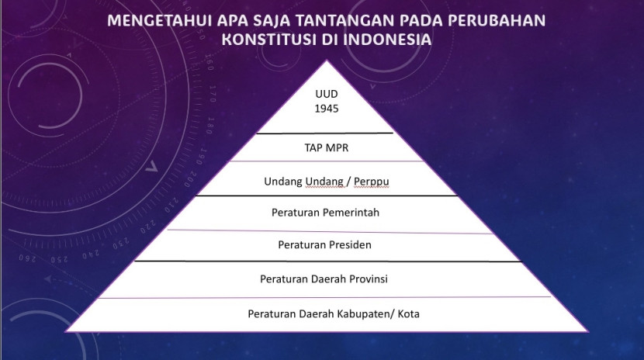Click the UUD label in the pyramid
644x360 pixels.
pos(327,94)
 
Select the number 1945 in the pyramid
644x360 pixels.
pos(327,109)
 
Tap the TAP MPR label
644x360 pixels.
pos(327,147)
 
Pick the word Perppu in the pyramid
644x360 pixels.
pos(372,182)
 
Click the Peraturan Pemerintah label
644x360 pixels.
pos(325,213)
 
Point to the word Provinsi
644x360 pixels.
pos(369,279)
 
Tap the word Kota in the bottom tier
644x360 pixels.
pos(409,314)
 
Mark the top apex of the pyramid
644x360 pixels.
pos(327,61)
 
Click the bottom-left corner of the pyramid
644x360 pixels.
pos(66,331)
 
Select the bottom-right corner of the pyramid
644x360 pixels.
pos(588,331)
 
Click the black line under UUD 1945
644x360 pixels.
pos(325,133)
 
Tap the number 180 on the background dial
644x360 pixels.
pos(209,126)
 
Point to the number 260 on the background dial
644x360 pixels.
pos(27,259)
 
